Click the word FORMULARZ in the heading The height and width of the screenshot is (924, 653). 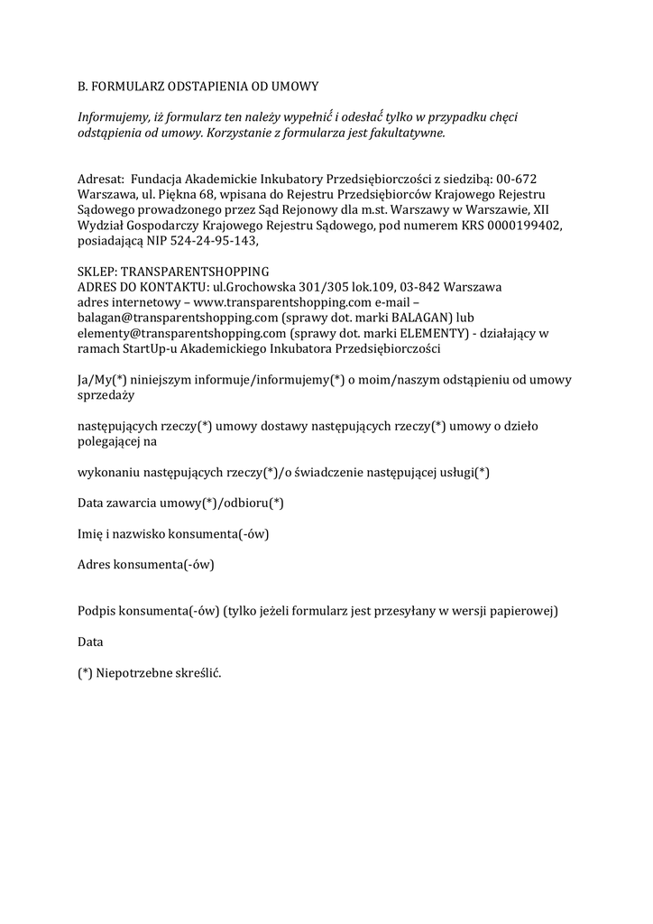click(x=130, y=87)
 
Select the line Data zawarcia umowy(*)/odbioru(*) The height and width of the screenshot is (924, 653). click(x=181, y=503)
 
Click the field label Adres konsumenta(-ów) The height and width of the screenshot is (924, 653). click(x=146, y=565)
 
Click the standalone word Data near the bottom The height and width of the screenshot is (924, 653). click(x=90, y=642)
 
